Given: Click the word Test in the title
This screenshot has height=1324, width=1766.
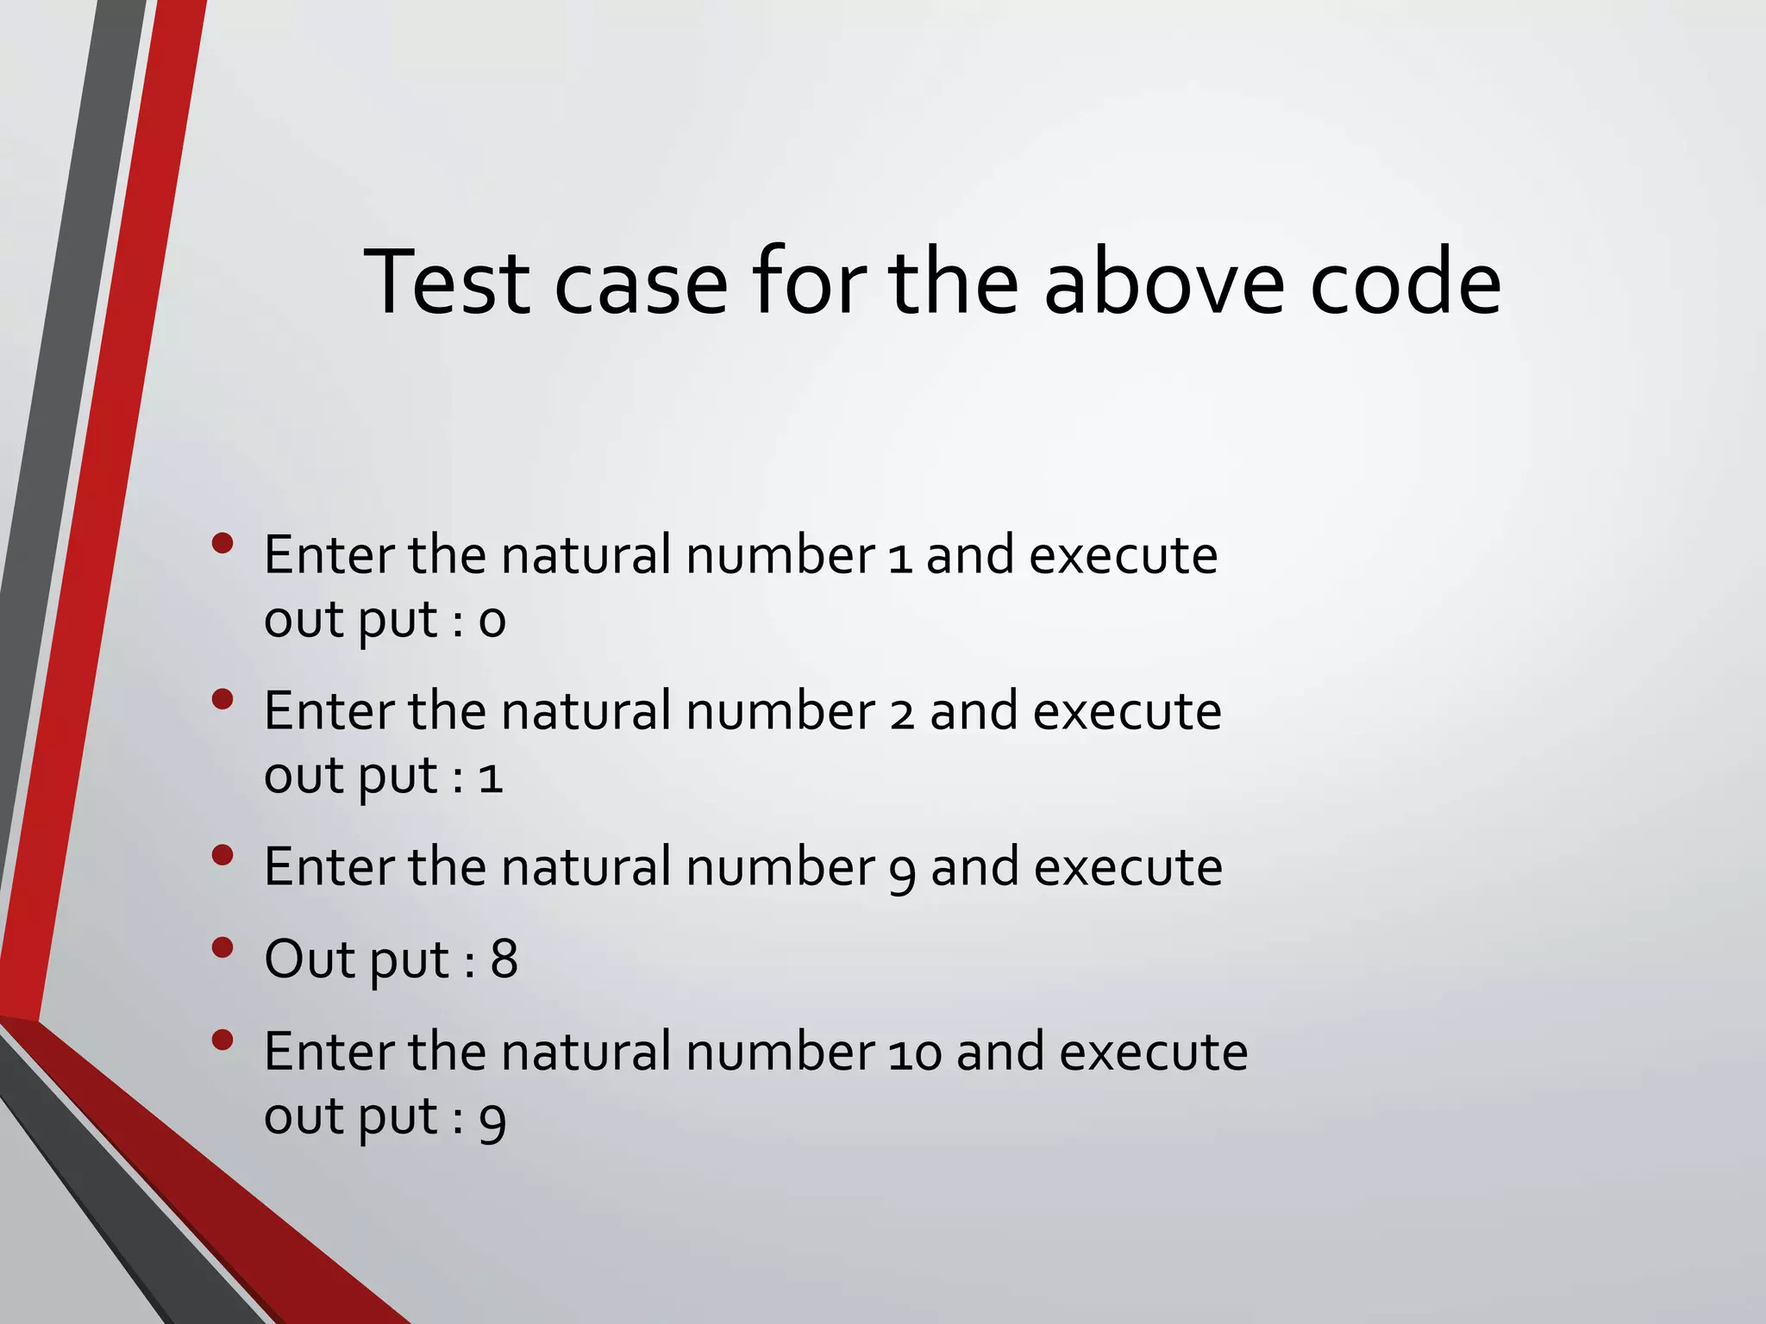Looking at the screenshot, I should [447, 283].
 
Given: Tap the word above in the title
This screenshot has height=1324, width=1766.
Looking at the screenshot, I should [1164, 283].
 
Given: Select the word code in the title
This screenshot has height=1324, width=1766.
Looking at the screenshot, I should [1406, 283].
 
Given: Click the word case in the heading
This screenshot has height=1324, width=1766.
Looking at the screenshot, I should [640, 283].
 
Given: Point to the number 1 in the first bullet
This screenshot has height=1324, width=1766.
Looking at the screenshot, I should [899, 558].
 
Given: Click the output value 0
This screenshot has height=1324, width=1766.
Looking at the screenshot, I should [492, 621].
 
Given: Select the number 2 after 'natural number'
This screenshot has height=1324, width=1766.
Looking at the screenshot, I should [902, 714].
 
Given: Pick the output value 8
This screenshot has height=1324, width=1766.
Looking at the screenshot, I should [504, 959].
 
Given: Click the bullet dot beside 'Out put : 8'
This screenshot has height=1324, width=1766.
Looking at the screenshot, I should [222, 948].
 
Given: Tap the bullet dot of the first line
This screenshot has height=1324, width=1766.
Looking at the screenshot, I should [222, 543].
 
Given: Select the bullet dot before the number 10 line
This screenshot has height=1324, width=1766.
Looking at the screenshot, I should [222, 1040].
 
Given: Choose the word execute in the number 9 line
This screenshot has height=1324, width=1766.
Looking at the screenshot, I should [1128, 867].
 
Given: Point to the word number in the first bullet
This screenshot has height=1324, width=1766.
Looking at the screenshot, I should [780, 555].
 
